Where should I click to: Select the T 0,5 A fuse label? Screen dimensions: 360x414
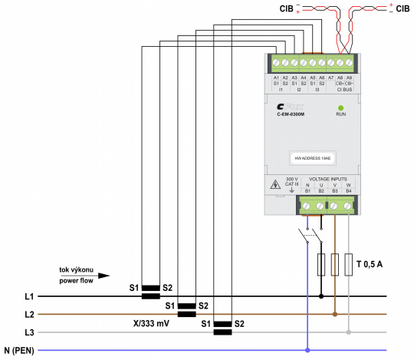pos(369,264)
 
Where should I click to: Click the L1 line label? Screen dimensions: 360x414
pos(30,296)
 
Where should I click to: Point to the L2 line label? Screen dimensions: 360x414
pos(30,314)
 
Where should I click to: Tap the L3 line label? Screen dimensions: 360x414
pos(30,332)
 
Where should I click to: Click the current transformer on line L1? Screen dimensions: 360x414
pos(151,292)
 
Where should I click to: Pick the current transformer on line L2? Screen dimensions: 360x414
pos(187,310)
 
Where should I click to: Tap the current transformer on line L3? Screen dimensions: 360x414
pos(222,329)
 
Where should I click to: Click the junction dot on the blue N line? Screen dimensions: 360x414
pos(308,350)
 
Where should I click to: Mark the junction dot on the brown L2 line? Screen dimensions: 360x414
pos(335,314)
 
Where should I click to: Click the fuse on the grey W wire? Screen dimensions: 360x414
pos(349,264)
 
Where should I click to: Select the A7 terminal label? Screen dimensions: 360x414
pos(331,78)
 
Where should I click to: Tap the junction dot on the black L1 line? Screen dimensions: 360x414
pos(321,296)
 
